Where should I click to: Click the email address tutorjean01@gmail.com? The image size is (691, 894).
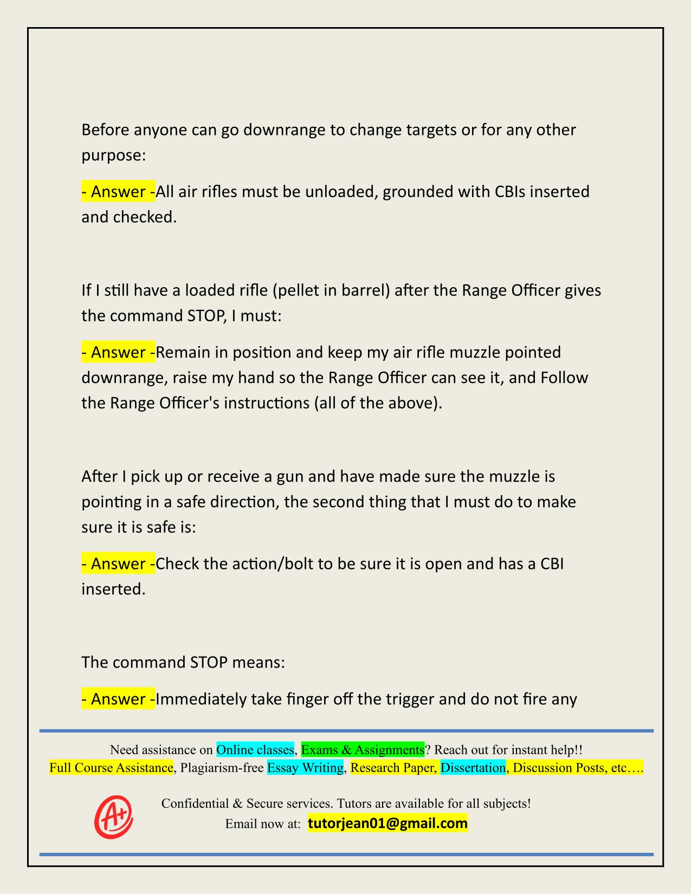388,824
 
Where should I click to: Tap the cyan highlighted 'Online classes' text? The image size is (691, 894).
255,750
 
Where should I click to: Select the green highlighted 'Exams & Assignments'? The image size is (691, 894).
363,750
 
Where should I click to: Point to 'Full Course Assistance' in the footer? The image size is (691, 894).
111,768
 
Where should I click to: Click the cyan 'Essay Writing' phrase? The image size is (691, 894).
305,768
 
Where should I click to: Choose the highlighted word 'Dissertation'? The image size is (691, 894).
473,768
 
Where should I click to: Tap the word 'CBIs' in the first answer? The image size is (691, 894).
509,192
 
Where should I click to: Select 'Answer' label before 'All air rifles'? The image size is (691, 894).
118,192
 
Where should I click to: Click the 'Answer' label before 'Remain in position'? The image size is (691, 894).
118,353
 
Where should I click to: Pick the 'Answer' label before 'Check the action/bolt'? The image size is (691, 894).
118,564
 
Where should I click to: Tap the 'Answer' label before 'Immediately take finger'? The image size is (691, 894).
118,699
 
